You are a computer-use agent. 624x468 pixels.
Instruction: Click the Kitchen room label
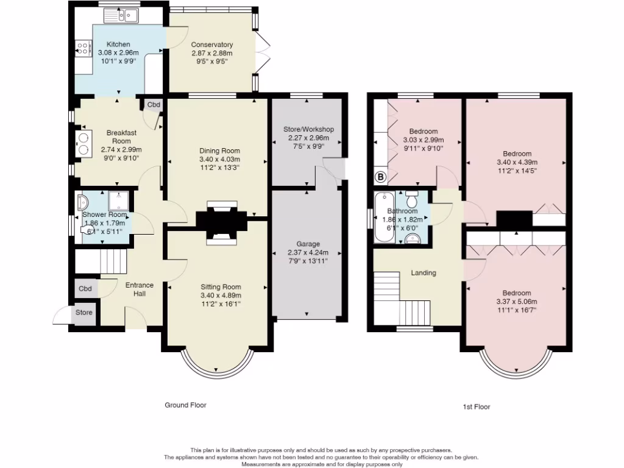click(118, 44)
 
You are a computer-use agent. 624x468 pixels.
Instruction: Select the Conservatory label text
click(212, 44)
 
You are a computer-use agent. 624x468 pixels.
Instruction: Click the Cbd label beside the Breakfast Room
click(154, 105)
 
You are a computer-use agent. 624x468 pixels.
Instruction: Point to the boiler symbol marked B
click(381, 177)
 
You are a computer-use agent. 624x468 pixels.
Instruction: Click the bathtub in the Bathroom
click(383, 218)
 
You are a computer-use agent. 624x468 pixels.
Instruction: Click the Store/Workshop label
click(309, 129)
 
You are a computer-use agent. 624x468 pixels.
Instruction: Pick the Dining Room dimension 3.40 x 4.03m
click(220, 159)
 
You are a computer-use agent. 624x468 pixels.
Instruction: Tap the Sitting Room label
click(221, 287)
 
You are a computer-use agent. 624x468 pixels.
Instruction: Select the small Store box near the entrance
click(84, 313)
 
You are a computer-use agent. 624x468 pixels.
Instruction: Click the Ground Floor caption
click(186, 405)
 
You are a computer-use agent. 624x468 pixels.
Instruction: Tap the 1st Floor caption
click(473, 406)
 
